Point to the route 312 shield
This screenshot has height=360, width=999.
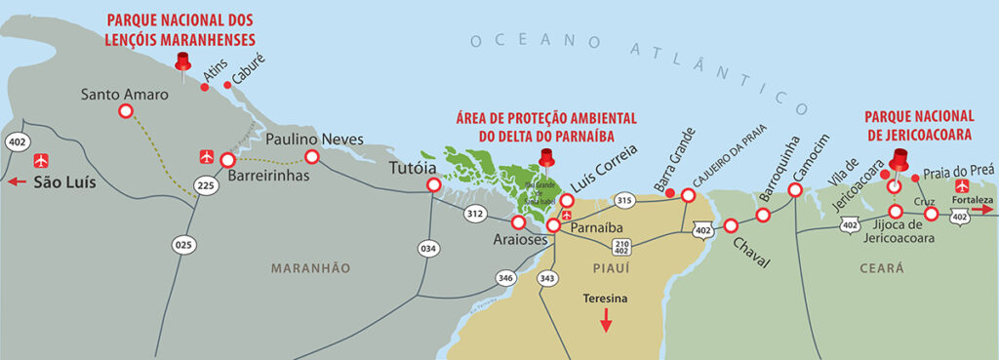click(475, 213)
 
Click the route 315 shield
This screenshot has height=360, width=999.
click(626, 201)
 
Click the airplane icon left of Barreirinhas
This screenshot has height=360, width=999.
click(206, 156)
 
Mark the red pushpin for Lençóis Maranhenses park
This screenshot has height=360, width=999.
click(181, 62)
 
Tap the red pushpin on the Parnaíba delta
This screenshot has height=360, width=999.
click(545, 158)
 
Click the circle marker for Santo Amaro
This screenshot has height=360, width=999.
click(125, 112)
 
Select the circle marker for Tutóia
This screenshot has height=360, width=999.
click(432, 184)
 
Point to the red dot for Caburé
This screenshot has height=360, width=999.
click(228, 85)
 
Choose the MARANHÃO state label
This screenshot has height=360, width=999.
click(310, 267)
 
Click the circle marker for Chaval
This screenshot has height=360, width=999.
click(731, 225)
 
